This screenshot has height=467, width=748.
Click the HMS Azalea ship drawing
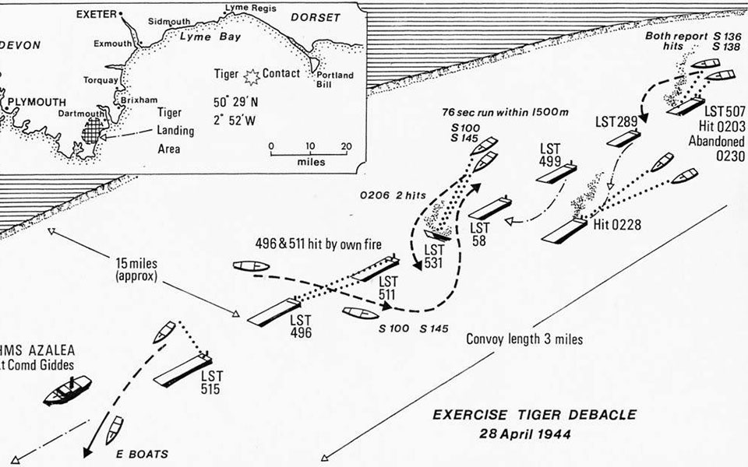[67, 390]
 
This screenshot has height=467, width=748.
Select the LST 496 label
[301, 326]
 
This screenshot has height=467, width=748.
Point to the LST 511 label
[388, 288]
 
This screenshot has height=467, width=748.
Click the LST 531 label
[434, 256]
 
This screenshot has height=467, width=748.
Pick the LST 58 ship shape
[490, 208]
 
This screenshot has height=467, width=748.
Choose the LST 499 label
[550, 155]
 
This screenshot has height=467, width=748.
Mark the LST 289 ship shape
[623, 138]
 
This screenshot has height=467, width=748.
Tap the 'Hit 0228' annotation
[617, 224]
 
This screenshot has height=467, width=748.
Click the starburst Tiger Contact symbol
[252, 76]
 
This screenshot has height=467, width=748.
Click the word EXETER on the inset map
[97, 15]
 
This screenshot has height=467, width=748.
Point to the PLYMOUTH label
[37, 103]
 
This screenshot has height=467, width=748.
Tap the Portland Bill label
[335, 79]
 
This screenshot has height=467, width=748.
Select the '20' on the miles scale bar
[346, 146]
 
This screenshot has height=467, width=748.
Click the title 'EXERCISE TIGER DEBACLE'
[535, 415]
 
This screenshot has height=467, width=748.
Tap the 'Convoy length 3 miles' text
[524, 339]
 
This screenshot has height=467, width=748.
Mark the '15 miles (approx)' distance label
[136, 269]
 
